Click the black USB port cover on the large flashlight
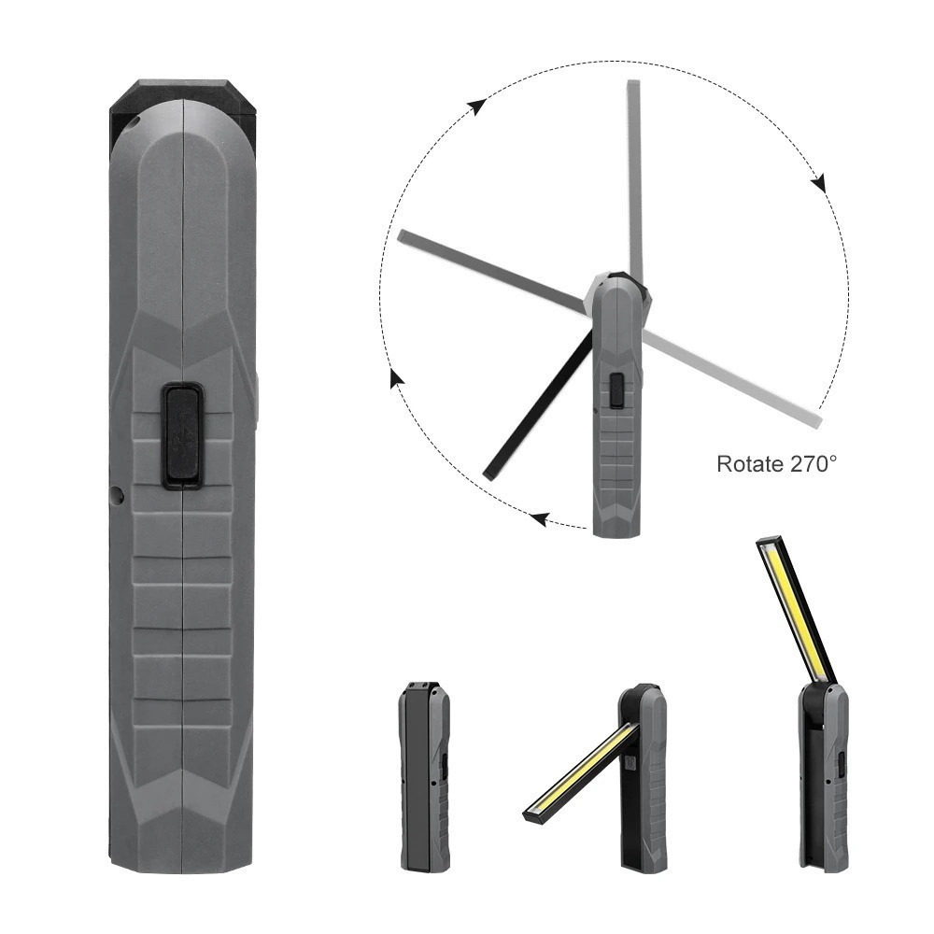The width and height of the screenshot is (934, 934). point(184,436)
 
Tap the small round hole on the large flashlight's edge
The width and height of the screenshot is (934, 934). point(118,494)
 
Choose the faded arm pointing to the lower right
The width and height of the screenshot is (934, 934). point(732,376)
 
